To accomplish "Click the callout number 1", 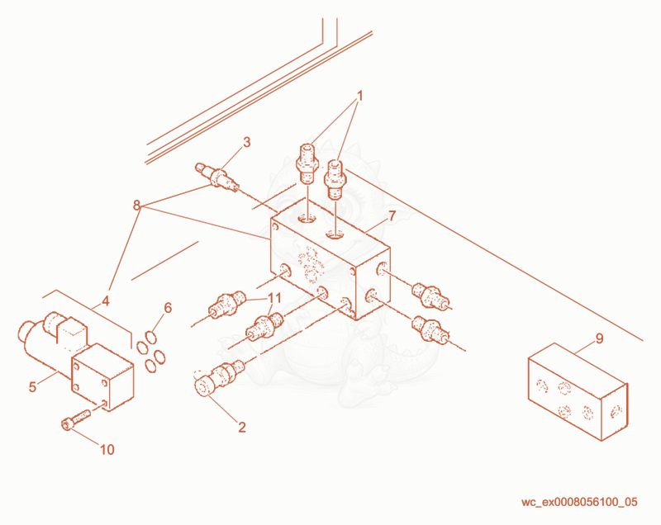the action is (x=359, y=96).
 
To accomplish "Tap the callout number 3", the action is (x=246, y=142).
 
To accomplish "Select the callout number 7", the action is (x=392, y=216).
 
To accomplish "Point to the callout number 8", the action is (x=136, y=206).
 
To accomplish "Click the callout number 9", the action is (x=600, y=338).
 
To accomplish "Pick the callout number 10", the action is (x=107, y=450).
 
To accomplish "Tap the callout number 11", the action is (x=274, y=298).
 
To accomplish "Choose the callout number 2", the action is (x=241, y=427).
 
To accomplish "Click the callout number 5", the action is (x=32, y=387).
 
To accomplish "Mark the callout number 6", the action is (x=168, y=308).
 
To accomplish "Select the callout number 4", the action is (x=106, y=300).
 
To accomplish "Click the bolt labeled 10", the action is (x=76, y=419).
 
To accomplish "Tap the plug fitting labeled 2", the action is (x=219, y=377).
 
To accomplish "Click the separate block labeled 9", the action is (x=578, y=391).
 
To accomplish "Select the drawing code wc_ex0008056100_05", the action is (x=579, y=502).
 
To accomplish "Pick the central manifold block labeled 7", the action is (x=330, y=257).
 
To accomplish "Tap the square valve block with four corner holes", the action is (x=102, y=376).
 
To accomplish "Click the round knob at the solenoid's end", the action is (x=26, y=331).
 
